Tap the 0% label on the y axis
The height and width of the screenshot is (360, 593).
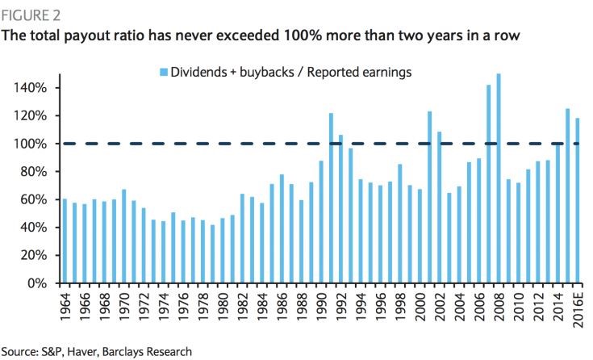[39, 283]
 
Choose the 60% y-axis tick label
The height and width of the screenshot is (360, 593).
[35, 199]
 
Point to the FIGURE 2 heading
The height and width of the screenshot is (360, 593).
[30, 14]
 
